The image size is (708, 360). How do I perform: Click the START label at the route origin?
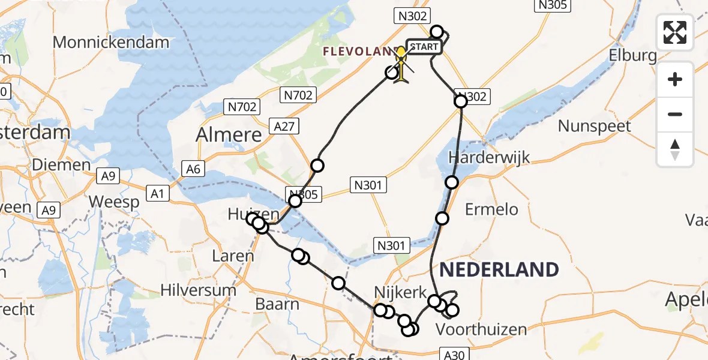tap(425, 47)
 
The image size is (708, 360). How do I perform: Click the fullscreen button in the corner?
tap(675, 32)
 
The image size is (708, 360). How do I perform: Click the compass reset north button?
tap(675, 149)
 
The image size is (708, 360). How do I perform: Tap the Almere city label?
tap(229, 134)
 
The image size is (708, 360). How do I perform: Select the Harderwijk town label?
tap(490, 158)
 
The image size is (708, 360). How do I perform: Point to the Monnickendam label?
tap(112, 42)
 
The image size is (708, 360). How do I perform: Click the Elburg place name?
tap(632, 56)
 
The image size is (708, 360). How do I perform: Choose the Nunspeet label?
tap(595, 126)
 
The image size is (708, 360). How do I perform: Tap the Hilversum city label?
tap(198, 290)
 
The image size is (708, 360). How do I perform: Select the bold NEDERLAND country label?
tap(499, 270)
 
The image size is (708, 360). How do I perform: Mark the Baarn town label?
tap(277, 304)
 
